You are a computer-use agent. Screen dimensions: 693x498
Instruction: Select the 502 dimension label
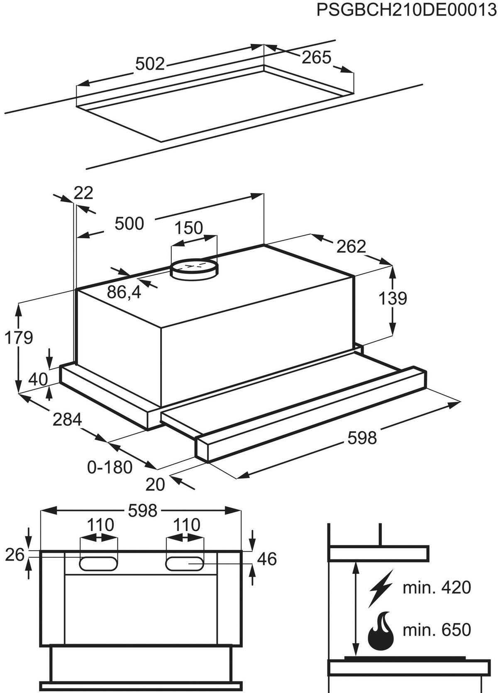coord(150,64)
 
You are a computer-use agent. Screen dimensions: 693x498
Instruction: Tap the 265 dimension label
coord(316,58)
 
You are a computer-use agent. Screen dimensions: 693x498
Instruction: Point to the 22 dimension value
coord(83,193)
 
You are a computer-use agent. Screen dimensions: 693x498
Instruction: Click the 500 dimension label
coord(129,224)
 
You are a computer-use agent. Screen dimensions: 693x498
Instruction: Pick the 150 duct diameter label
coord(189,228)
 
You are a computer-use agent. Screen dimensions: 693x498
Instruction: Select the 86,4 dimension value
coord(124,293)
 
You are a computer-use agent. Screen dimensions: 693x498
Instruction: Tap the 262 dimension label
coord(351,247)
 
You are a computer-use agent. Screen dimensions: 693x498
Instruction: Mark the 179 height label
coord(19,338)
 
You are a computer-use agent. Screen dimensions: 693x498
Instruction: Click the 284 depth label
coord(67,420)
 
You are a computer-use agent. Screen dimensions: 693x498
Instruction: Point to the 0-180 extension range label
coord(110,467)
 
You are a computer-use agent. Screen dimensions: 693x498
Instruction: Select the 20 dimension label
coord(156,484)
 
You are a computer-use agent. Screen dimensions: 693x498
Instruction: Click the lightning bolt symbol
coord(381,588)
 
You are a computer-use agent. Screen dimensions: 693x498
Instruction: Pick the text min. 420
coord(437,588)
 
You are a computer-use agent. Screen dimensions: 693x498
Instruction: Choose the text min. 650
coord(437,630)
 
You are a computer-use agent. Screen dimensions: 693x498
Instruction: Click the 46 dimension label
coord(267,559)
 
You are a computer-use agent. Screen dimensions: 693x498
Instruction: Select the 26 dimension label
coord(15,555)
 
